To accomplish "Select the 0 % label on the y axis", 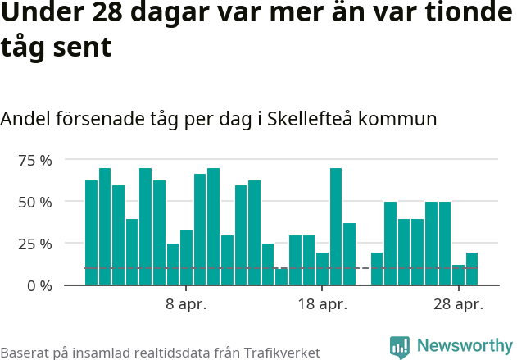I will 38,285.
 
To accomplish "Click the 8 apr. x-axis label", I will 186,305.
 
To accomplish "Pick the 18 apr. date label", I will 322,305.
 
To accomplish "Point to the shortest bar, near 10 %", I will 282,277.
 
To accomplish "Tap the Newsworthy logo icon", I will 400,348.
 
